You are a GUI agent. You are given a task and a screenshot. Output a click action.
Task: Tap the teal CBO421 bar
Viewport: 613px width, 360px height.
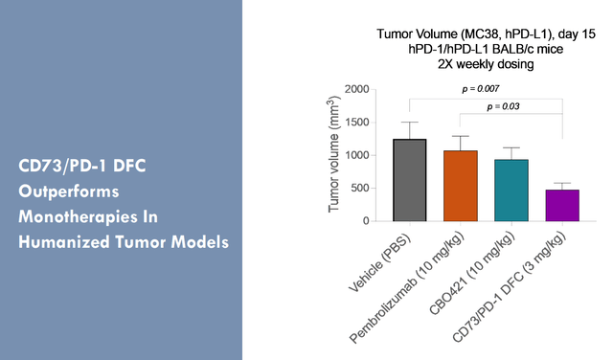tap(511, 191)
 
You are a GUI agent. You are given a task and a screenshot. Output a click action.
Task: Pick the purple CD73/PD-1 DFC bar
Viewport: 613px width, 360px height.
tap(562, 205)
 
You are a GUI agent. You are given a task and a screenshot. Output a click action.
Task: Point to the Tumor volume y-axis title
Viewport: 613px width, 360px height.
tap(334, 155)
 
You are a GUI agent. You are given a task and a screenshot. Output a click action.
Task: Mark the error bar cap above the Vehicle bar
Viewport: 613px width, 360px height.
tap(410, 122)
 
